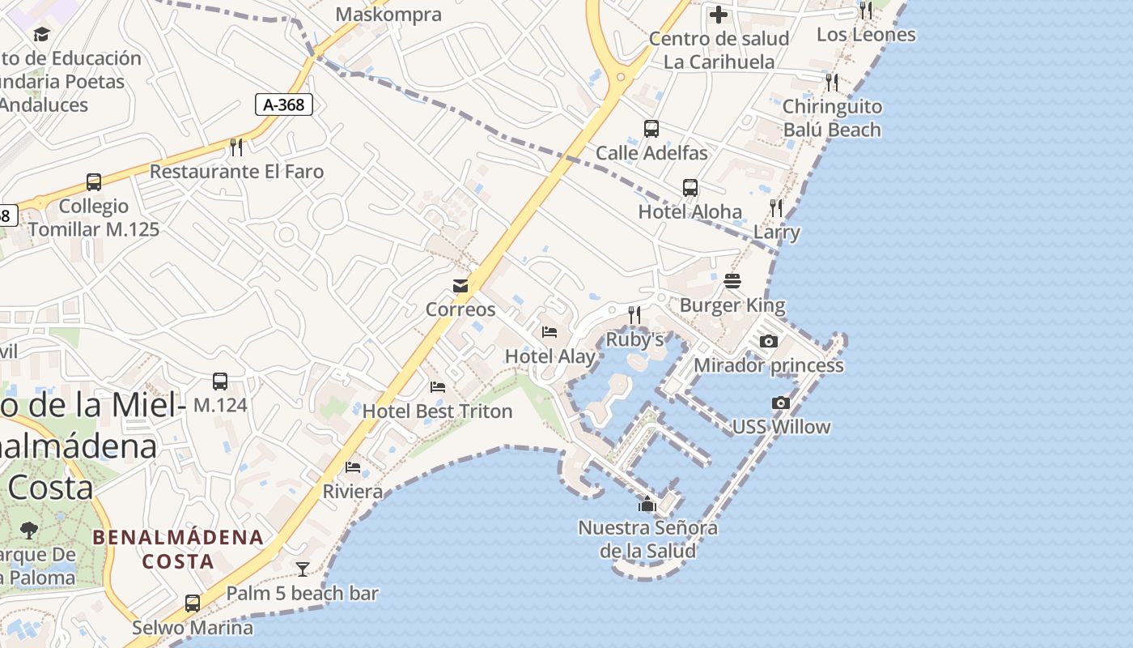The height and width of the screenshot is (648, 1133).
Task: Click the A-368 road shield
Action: click(284, 104)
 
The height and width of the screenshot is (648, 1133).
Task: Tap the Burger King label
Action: click(732, 305)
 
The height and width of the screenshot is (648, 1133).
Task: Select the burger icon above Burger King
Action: click(732, 281)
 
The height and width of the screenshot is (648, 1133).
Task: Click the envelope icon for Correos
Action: click(460, 285)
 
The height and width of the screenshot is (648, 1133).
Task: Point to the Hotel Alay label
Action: click(550, 356)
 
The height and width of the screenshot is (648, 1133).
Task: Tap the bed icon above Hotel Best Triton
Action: click(438, 387)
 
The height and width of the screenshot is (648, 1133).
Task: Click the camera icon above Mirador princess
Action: click(769, 341)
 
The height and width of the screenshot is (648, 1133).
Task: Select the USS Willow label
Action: click(781, 427)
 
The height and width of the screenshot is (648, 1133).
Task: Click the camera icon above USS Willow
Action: click(781, 403)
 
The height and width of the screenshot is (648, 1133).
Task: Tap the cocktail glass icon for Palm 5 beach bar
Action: click(303, 569)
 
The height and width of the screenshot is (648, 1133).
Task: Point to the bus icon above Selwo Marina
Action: click(193, 603)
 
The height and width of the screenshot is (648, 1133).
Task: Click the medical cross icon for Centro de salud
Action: click(719, 15)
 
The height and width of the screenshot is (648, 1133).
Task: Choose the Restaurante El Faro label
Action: click(236, 172)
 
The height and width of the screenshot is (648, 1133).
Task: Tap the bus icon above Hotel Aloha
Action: click(690, 188)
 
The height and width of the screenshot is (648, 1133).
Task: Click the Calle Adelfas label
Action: click(651, 153)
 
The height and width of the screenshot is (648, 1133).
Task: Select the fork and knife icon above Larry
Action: click(776, 208)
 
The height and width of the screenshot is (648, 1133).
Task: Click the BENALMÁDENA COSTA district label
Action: click(178, 548)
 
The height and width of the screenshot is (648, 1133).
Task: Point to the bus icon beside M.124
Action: click(219, 382)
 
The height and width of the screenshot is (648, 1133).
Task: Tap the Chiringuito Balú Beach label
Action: click(832, 118)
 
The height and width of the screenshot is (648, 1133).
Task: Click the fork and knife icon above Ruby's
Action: click(634, 314)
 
